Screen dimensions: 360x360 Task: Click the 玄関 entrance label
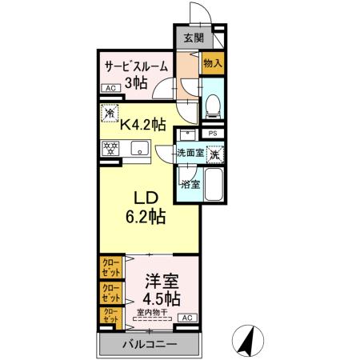coord(193,38)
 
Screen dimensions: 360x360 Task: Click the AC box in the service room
coord(110,90)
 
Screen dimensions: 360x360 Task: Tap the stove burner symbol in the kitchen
coord(109,148)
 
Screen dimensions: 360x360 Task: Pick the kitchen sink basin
coord(138,148)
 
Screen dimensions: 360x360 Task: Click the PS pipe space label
coord(213,134)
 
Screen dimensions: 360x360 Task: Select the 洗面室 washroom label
coord(190,152)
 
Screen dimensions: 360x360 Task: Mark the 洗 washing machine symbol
coord(214,153)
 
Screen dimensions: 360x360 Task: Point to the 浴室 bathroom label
coord(190,185)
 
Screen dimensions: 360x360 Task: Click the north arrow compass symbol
coord(249,342)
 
